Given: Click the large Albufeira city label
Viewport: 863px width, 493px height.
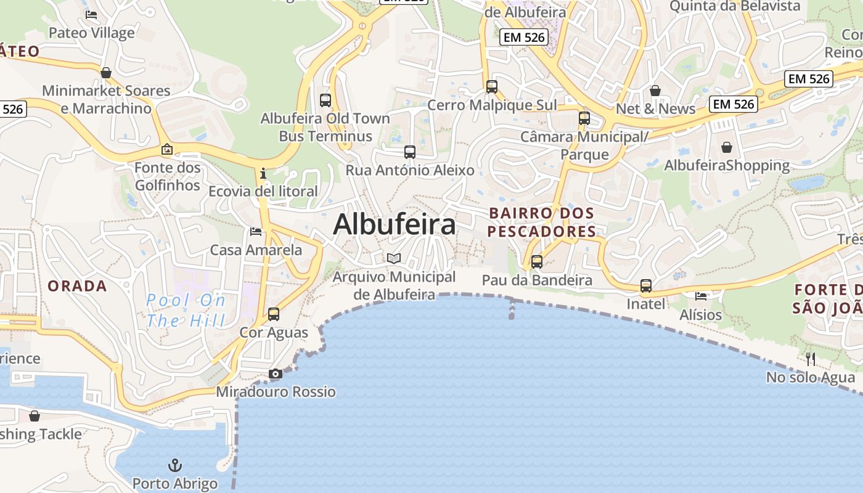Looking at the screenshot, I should [x=395, y=224].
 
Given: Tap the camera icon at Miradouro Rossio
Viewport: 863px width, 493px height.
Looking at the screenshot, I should [x=276, y=373].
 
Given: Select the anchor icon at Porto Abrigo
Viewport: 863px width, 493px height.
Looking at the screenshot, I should [x=175, y=465].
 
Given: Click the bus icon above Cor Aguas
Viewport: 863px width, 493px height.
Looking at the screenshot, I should [x=274, y=314].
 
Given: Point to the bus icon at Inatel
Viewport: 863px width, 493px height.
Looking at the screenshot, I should [x=646, y=286].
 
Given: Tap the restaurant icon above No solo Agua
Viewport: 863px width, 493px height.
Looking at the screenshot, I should [x=811, y=359].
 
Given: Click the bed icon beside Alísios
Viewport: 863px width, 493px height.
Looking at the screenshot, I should [x=701, y=296].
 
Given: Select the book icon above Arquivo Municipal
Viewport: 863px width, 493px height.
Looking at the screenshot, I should [x=394, y=258].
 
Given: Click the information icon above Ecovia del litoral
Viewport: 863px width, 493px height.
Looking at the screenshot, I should [x=263, y=173].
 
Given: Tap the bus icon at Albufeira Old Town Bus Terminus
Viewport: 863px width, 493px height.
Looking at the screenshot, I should [x=325, y=100].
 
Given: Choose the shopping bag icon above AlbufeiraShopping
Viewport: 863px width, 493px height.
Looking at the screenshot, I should [x=727, y=147].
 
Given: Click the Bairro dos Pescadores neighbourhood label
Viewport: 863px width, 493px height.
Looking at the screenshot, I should [x=542, y=222].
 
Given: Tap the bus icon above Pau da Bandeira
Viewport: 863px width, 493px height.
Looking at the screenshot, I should [x=537, y=262].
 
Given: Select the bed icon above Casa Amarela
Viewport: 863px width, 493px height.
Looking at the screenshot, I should [x=256, y=232].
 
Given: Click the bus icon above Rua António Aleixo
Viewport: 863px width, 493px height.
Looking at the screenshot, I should [x=410, y=152].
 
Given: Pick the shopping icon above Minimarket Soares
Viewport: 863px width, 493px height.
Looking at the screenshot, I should [x=106, y=73].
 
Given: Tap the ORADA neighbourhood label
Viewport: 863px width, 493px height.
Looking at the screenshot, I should [x=77, y=286].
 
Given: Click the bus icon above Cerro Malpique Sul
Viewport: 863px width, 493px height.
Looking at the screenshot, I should [x=492, y=87].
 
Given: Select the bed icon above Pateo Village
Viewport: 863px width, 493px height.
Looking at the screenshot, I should [x=91, y=15].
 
